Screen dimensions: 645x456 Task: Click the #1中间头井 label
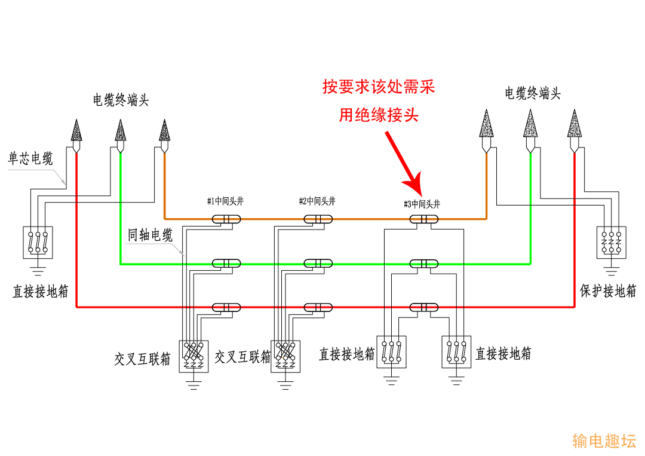click(x=225, y=201)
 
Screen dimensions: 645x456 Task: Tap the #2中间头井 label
click(x=317, y=201)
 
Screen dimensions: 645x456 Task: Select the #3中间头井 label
click(x=422, y=204)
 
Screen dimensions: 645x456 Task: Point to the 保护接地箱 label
click(x=608, y=290)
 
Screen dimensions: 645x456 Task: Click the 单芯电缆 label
click(x=30, y=158)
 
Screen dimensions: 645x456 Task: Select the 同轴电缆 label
click(x=150, y=235)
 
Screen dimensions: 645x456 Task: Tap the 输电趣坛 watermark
click(x=604, y=441)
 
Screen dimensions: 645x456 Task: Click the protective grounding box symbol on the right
click(x=612, y=243)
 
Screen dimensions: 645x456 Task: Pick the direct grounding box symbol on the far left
click(x=38, y=243)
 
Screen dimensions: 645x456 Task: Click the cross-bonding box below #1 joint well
click(x=193, y=356)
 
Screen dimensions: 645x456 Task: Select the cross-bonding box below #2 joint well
click(x=285, y=356)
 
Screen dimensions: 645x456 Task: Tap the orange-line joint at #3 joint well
click(x=424, y=219)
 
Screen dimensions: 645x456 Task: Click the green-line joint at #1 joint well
click(x=226, y=264)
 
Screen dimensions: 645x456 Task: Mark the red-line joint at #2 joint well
click(x=318, y=307)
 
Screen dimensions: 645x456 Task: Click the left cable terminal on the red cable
click(x=76, y=136)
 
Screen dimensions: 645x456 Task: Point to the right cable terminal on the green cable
click(x=530, y=131)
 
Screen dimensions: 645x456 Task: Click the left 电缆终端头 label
click(x=121, y=100)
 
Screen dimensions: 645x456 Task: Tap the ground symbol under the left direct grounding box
click(x=38, y=271)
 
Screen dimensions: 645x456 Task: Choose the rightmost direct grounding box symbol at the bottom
click(x=456, y=352)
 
